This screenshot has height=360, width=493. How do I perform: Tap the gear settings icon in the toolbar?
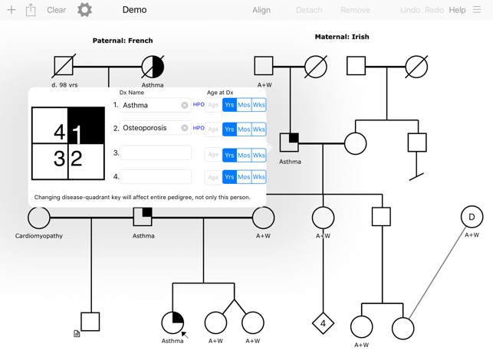(85, 10)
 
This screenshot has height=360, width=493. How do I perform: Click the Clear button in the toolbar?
(56, 10)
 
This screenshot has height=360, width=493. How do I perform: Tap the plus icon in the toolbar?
(11, 10)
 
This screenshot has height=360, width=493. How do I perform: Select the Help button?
(457, 10)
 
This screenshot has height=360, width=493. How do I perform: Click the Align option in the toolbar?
(261, 10)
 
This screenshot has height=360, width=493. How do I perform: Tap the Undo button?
(410, 10)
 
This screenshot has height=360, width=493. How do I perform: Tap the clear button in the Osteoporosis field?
(185, 129)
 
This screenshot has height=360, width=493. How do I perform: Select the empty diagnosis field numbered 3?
(156, 152)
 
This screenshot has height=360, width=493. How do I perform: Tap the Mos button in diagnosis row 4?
(244, 177)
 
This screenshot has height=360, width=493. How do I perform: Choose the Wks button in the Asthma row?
(259, 105)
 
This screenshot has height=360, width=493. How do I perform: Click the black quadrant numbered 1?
(86, 126)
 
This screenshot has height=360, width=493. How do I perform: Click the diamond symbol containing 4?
(323, 323)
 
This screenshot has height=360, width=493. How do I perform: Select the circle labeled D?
(472, 218)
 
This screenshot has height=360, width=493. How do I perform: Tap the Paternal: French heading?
(123, 41)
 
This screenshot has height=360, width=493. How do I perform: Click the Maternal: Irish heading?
(342, 37)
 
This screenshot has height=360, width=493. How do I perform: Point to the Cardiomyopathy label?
(39, 236)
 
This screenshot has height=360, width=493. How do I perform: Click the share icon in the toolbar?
(31, 10)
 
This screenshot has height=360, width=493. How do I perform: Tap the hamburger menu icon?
(477, 10)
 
